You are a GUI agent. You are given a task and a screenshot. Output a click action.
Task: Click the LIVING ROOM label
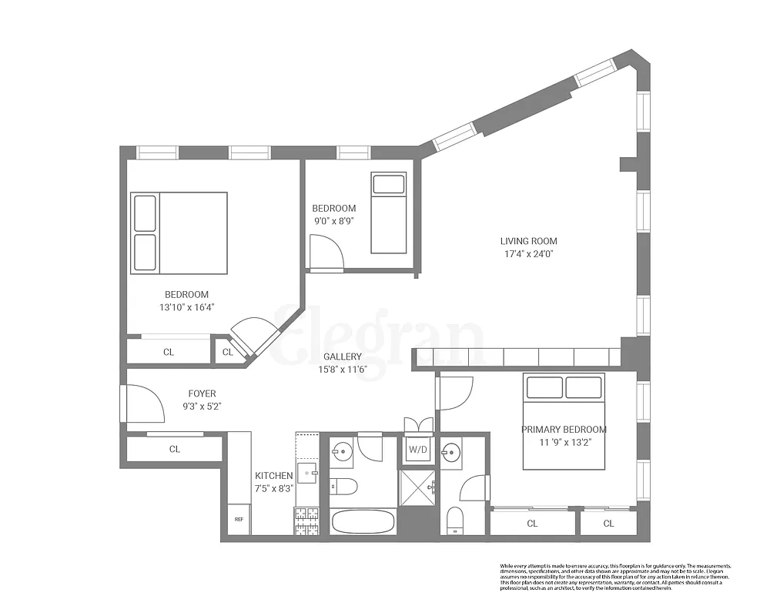(528, 240)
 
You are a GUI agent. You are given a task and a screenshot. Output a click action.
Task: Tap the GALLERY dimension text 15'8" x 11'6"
(343, 369)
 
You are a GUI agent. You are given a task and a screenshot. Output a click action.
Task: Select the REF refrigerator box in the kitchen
(239, 519)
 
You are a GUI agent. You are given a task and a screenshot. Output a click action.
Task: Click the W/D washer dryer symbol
(417, 450)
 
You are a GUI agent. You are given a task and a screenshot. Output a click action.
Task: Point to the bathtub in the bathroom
(363, 521)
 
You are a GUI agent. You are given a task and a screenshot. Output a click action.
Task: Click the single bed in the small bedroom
(387, 213)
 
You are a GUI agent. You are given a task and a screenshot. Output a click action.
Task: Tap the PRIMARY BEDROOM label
(564, 430)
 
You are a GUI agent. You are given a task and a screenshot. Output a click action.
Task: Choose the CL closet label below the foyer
(175, 449)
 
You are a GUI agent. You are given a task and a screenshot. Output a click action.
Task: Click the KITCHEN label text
(273, 476)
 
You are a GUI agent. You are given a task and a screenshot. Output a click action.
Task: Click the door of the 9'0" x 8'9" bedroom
(323, 254)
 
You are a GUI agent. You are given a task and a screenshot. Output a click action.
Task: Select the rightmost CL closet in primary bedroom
(608, 524)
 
